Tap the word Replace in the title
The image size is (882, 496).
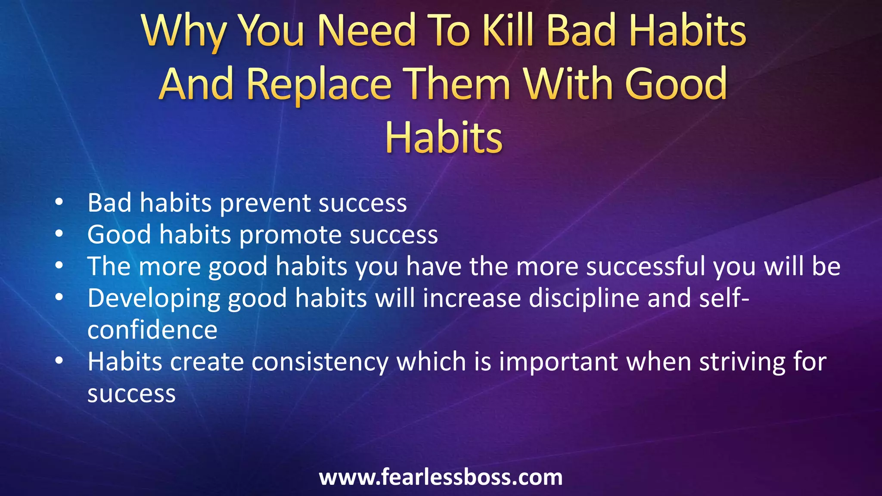(x=319, y=84)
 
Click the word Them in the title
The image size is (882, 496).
(x=459, y=84)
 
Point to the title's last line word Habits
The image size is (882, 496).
(x=444, y=138)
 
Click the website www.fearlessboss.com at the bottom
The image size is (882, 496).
(x=441, y=477)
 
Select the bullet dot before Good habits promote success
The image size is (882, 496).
(x=59, y=233)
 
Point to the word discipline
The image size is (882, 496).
(x=584, y=298)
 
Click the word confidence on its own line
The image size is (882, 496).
(x=152, y=330)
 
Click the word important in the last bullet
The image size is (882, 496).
(x=559, y=362)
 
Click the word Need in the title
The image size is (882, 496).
(x=367, y=31)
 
